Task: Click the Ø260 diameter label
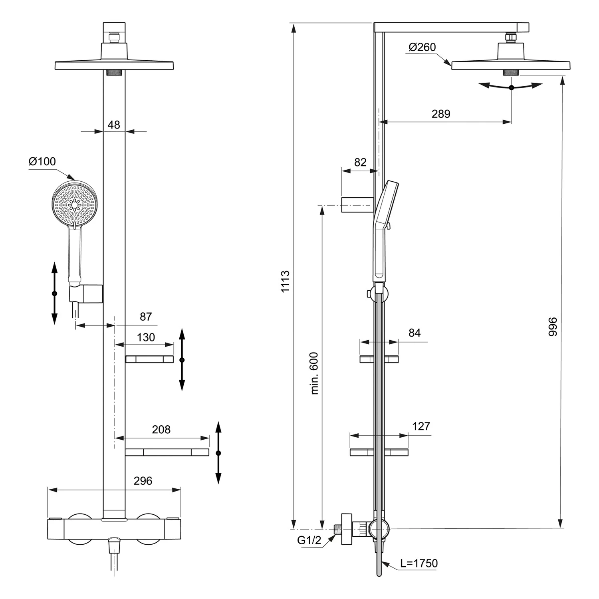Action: click(422, 47)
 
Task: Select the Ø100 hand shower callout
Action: click(42, 162)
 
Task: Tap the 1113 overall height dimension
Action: click(285, 281)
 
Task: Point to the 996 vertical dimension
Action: click(552, 327)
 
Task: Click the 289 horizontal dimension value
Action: click(441, 114)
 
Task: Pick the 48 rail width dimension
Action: click(114, 125)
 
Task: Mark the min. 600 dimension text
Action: click(314, 373)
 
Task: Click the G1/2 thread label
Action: click(309, 540)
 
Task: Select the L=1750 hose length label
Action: click(419, 563)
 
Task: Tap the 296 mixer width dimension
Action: click(143, 481)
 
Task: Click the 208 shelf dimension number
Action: click(161, 430)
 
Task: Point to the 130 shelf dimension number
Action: click(146, 337)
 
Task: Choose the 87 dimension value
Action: click(146, 317)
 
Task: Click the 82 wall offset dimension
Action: click(360, 163)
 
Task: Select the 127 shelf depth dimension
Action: click(421, 426)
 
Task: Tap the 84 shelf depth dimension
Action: click(415, 333)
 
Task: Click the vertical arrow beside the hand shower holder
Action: click(55, 294)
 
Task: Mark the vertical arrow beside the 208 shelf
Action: click(218, 453)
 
